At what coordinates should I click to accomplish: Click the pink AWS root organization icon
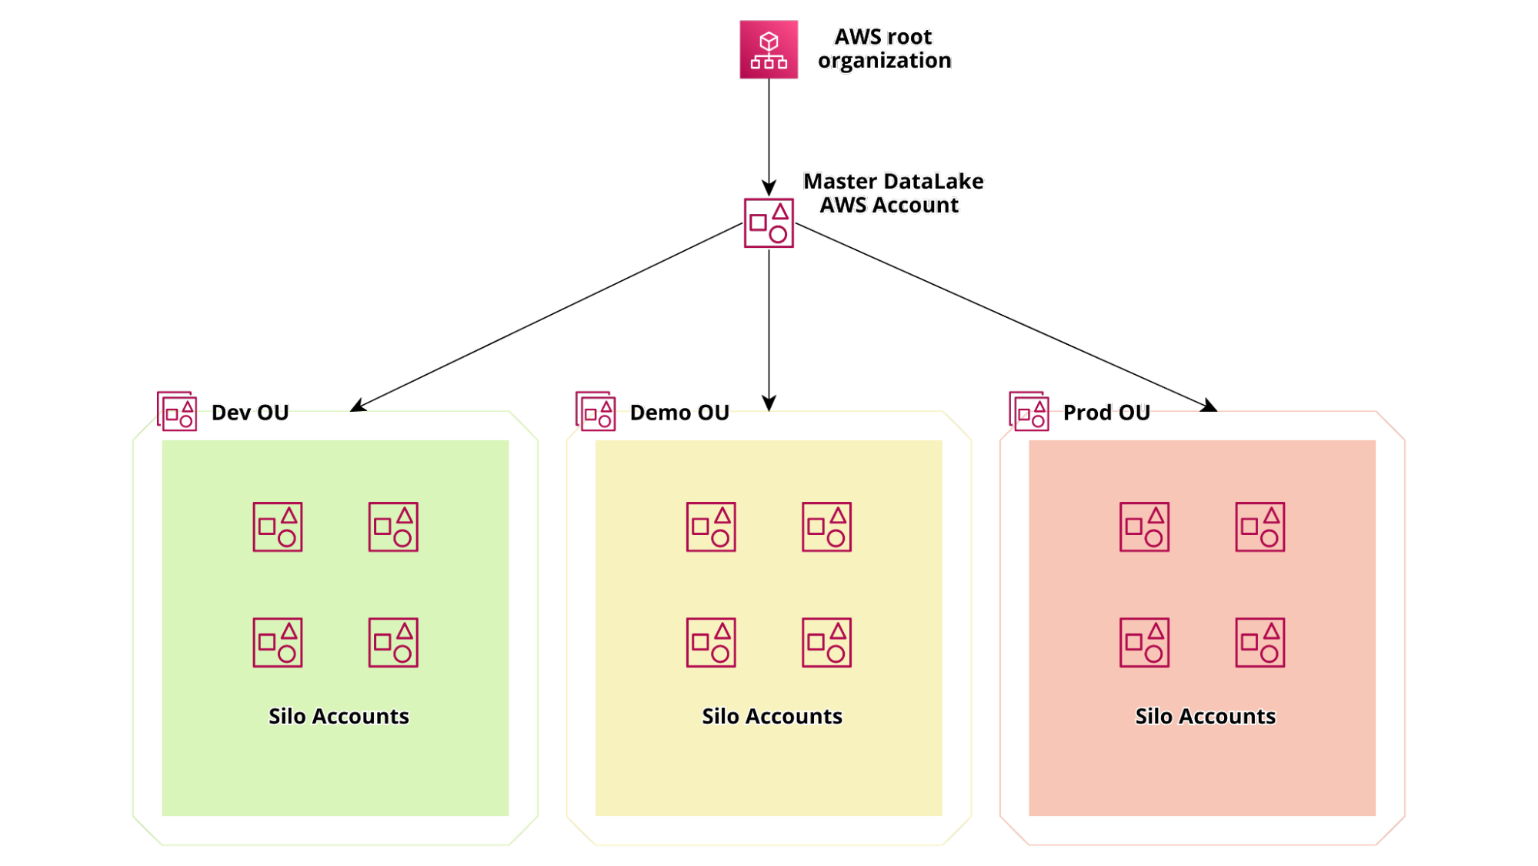(x=769, y=50)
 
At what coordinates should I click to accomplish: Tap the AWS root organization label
(x=884, y=49)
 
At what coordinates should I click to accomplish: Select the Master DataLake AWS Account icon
(x=769, y=222)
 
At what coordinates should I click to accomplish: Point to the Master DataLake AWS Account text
(x=893, y=193)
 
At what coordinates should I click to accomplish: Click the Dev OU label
(x=250, y=413)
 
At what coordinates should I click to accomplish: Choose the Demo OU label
(x=679, y=413)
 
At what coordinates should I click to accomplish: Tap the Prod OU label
(x=1106, y=413)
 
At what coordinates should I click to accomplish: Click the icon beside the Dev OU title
(x=177, y=411)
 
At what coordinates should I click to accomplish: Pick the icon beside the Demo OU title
(x=596, y=411)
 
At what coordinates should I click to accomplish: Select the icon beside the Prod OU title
(x=1029, y=411)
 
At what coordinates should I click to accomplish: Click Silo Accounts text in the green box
(x=339, y=717)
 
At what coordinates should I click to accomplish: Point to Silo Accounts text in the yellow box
(x=772, y=717)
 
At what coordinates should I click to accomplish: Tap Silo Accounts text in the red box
(x=1205, y=717)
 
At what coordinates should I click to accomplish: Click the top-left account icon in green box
(x=278, y=527)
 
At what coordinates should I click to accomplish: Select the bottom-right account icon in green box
(x=393, y=643)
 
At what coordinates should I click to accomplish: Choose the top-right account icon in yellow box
(x=826, y=527)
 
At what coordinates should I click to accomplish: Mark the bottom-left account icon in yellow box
(x=711, y=643)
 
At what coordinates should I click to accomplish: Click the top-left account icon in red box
(x=1144, y=527)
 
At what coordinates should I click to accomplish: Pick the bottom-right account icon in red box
(x=1259, y=643)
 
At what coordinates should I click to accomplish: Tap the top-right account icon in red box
(x=1259, y=527)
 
